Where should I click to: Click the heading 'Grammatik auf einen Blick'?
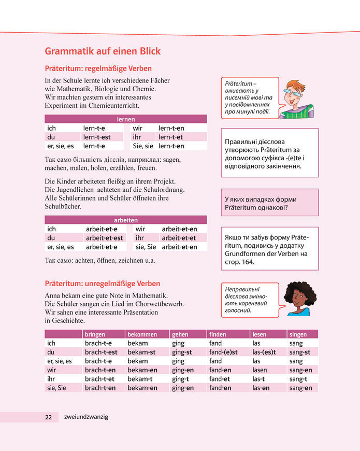coord(103,51)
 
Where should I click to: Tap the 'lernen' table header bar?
coord(125,119)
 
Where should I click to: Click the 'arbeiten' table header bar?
coord(125,220)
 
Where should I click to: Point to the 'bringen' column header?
coord(95,334)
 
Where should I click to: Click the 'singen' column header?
coord(298,334)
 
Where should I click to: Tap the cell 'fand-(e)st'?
coord(223,352)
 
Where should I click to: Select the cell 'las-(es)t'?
coord(264,352)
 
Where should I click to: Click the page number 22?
coord(48,417)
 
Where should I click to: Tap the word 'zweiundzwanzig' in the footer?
coord(87,417)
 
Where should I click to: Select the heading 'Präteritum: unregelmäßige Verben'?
coord(103,284)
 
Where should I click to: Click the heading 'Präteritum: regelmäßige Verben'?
coord(98,68)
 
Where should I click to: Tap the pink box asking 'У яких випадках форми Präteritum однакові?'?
coord(269,203)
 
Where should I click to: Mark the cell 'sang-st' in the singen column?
coord(299,352)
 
